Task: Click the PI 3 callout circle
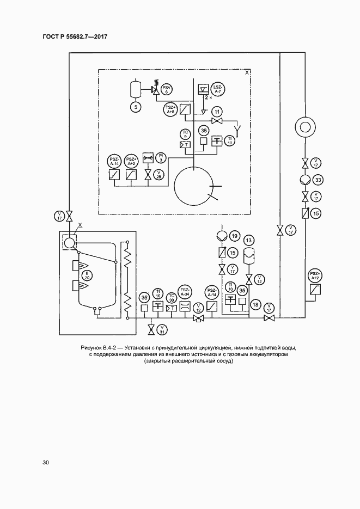[161, 157]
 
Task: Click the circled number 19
[234, 236]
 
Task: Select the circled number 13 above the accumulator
[249, 240]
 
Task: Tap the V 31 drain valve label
[162, 329]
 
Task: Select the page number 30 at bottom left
[46, 463]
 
